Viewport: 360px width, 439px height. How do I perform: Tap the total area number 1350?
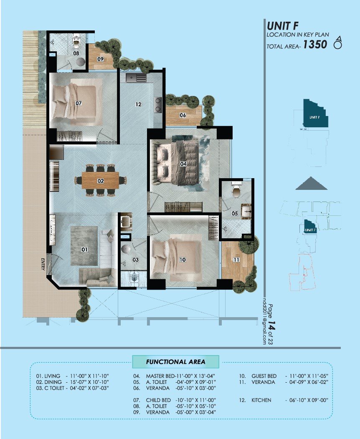pos(315,45)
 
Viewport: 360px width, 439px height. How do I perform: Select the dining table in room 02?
pos(100,180)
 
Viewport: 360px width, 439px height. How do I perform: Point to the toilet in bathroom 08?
pos(76,42)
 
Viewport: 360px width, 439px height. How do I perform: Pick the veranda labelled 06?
pos(183,116)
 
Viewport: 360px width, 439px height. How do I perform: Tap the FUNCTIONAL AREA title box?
pos(175,362)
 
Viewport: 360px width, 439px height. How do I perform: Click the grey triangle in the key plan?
pos(311,183)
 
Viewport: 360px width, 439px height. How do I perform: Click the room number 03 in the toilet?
pos(135,260)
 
